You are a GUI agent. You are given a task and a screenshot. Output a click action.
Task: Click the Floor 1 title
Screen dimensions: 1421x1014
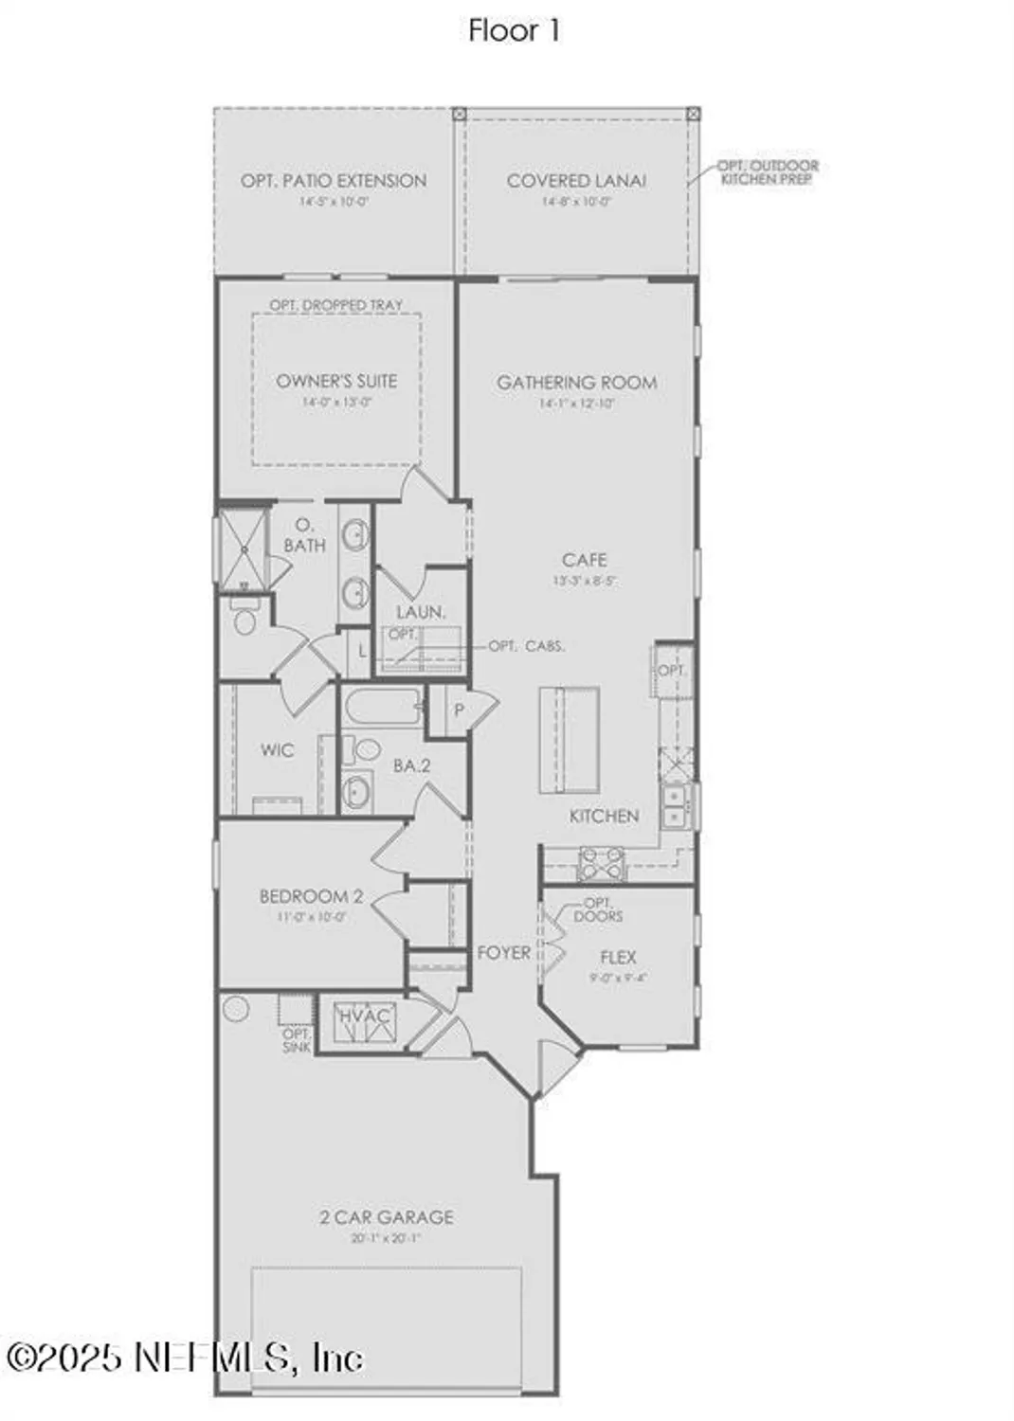pos(514,30)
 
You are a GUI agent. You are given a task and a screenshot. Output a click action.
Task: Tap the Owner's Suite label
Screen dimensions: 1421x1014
pos(336,381)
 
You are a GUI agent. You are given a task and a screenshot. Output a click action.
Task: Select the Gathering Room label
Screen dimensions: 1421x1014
pos(576,383)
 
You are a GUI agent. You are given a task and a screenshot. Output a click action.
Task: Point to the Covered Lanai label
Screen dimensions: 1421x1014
pos(576,181)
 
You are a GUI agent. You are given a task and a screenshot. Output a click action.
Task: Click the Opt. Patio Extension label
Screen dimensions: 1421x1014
pos(334,181)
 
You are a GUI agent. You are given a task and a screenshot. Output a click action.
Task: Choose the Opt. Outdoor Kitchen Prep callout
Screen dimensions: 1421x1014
pos(768,172)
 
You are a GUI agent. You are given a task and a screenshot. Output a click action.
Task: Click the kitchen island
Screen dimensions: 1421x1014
pos(570,739)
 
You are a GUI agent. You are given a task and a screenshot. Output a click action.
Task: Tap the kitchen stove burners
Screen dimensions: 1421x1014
pos(602,863)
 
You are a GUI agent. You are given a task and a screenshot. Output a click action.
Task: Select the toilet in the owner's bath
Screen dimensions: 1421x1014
pos(245,621)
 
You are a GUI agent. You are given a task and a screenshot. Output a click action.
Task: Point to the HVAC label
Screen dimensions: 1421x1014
pos(365,1016)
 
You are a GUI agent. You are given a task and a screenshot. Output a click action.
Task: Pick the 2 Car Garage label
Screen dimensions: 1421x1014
pos(387,1217)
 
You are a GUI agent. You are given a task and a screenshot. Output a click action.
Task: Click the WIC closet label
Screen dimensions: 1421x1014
pos(277,750)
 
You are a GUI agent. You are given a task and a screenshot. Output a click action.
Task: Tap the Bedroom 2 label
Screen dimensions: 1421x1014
pos(311,896)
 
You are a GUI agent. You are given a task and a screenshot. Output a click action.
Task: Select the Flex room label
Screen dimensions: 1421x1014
pos(618,958)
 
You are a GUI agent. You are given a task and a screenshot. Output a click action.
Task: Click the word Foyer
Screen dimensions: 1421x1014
pos(503,952)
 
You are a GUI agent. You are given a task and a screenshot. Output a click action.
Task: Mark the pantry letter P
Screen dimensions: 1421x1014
pos(459,710)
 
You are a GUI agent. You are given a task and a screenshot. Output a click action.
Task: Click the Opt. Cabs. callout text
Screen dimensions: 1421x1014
pos(527,646)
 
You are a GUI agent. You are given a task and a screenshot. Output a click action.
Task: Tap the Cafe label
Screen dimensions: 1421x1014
pos(584,560)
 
